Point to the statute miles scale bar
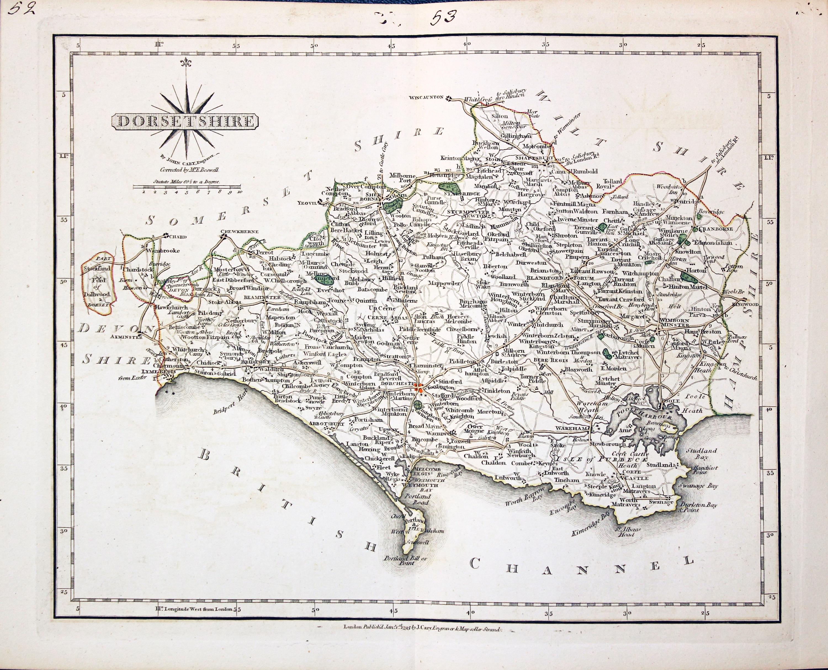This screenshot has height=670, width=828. click(x=187, y=187)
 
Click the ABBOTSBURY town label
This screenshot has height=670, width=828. click(x=327, y=424)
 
